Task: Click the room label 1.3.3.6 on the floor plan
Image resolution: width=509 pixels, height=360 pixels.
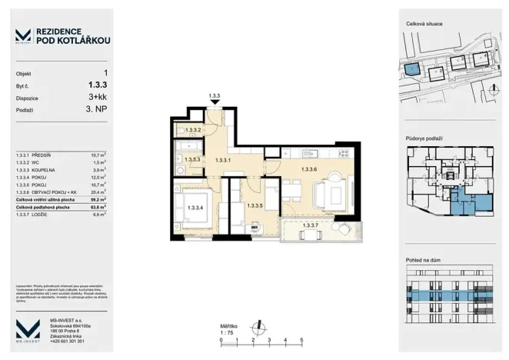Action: click(x=309, y=169)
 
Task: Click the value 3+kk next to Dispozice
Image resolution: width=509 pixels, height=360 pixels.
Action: click(x=98, y=98)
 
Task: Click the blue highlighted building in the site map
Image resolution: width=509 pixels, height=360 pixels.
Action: click(x=413, y=69)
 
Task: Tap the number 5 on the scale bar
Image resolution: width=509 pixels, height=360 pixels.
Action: click(x=302, y=338)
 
